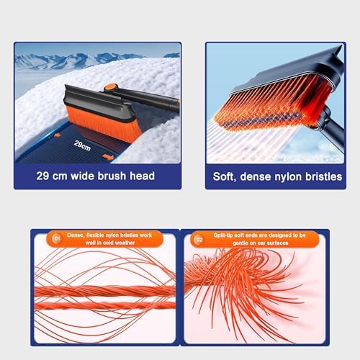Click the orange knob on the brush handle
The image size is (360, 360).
111,88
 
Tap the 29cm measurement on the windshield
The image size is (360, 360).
82,145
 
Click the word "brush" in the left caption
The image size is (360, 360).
112,176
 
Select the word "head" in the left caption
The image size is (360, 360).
142,176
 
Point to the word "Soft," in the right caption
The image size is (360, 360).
224,177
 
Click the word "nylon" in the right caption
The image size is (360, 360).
288,177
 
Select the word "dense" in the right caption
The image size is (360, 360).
256,177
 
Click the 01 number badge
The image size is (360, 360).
57,238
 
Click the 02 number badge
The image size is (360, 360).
199,240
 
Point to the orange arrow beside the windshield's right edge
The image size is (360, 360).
108,157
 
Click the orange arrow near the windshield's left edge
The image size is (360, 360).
57,135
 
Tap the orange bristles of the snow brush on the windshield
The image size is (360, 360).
102,125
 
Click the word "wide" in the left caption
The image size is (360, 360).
82,176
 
